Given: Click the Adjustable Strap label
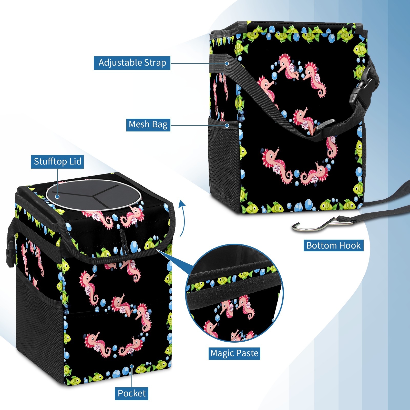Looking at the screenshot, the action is click(x=132, y=63).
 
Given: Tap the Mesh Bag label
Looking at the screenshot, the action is click(x=148, y=125).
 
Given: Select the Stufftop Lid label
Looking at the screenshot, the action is click(x=57, y=162).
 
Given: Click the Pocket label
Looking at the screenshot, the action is click(x=131, y=393).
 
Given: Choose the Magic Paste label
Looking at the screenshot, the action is click(x=234, y=353).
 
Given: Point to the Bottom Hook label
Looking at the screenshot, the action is click(x=333, y=245).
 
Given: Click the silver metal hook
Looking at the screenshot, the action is click(x=322, y=225).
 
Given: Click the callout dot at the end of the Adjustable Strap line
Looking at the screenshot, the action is click(x=227, y=63).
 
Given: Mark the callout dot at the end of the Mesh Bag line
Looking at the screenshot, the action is click(x=227, y=126).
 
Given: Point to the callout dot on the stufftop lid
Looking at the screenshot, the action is click(x=57, y=197).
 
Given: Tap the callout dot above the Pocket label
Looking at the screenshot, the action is click(x=131, y=367).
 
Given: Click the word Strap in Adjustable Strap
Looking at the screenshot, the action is click(x=155, y=63).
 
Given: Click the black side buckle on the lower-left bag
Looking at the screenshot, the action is click(x=10, y=252).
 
